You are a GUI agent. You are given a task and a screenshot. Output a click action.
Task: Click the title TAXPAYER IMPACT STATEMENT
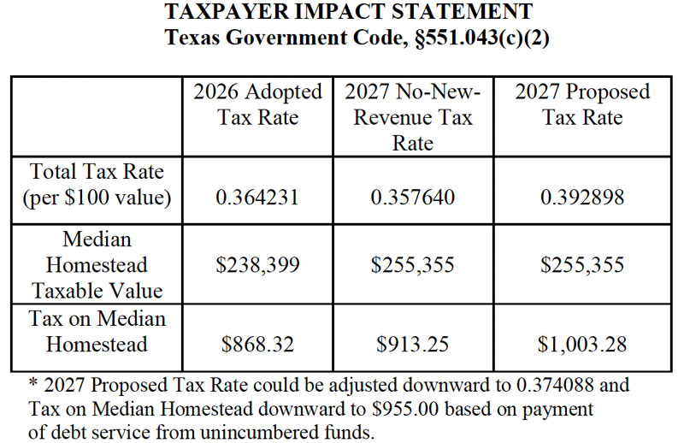click(349, 11)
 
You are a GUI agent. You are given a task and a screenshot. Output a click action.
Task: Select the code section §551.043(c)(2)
click(482, 38)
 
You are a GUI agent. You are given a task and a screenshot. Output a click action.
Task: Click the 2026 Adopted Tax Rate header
click(258, 104)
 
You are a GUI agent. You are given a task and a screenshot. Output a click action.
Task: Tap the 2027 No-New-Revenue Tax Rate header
click(413, 117)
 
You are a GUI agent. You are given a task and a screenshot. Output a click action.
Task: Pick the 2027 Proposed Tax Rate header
click(582, 104)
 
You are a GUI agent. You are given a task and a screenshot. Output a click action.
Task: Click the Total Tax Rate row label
click(97, 185)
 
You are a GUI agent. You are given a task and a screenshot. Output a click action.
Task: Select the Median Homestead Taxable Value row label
click(97, 265)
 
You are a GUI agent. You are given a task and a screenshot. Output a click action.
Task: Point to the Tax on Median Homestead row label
click(97, 332)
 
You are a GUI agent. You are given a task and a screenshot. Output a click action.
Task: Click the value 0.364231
click(257, 198)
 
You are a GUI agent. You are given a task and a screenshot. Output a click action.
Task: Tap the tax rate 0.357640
click(413, 198)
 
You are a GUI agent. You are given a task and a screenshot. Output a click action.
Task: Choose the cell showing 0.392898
click(582, 198)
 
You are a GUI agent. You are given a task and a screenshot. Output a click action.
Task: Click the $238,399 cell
click(258, 265)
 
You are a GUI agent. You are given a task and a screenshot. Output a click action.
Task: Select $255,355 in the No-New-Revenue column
click(413, 265)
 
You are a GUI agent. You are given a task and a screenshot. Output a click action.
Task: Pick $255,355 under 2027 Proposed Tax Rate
click(582, 265)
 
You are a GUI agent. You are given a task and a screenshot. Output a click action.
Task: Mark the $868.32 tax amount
click(257, 345)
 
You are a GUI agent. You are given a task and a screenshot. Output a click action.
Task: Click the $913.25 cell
click(413, 345)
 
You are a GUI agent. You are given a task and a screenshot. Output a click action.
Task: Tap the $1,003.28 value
click(582, 345)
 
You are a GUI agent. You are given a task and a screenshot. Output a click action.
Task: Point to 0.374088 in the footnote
click(555, 386)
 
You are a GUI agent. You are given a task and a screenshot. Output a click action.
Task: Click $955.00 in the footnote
click(405, 410)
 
